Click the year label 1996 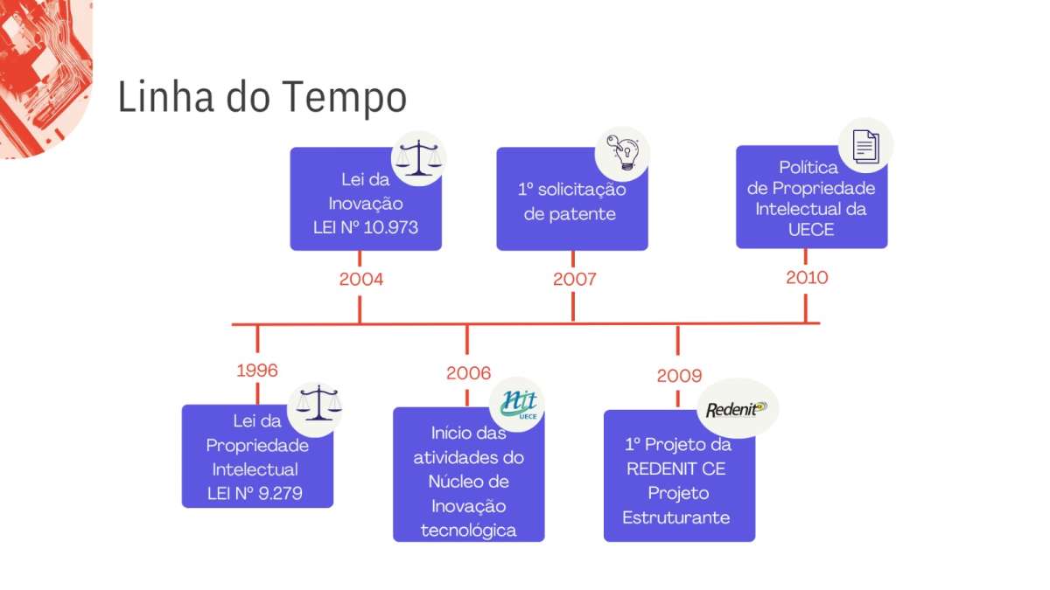pyautogui.click(x=257, y=371)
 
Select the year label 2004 pyautogui.click(x=360, y=279)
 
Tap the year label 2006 pyautogui.click(x=468, y=373)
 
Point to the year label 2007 pyautogui.click(x=574, y=279)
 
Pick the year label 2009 pyautogui.click(x=679, y=376)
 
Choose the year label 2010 pyautogui.click(x=807, y=278)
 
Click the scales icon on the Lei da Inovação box pyautogui.click(x=418, y=159)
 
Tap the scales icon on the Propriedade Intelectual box pyautogui.click(x=318, y=403)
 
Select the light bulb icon pyautogui.click(x=623, y=152)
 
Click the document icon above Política pyautogui.click(x=865, y=147)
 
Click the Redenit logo pyautogui.click(x=737, y=409)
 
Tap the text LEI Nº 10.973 pyautogui.click(x=365, y=227)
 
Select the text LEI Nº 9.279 pyautogui.click(x=255, y=494)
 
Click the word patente pyautogui.click(x=570, y=214)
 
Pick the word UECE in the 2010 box pyautogui.click(x=811, y=230)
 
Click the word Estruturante pyautogui.click(x=675, y=517)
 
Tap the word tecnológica pyautogui.click(x=468, y=531)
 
